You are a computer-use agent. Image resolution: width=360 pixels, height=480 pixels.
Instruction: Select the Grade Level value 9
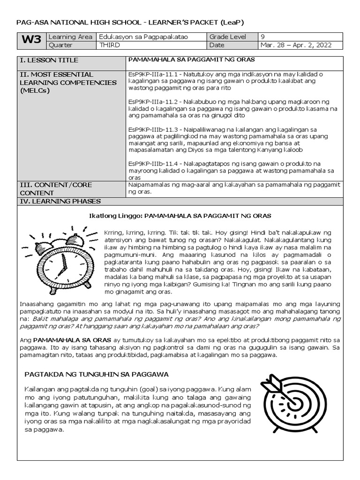point(262,37)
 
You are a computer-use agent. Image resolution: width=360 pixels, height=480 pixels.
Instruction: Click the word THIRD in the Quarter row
point(109,45)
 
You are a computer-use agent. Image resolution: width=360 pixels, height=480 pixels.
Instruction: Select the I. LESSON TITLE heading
point(49,60)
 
